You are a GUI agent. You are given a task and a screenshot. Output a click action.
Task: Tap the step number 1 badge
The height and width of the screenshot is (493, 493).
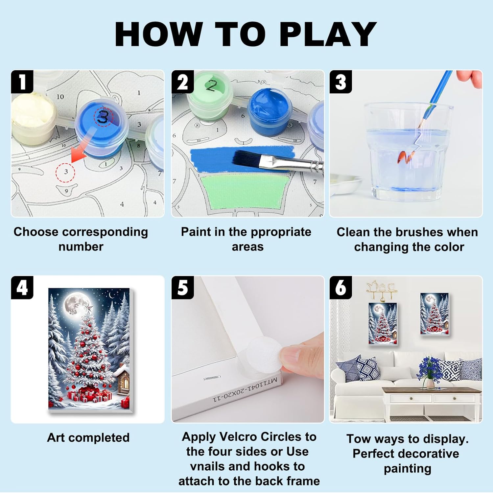22,82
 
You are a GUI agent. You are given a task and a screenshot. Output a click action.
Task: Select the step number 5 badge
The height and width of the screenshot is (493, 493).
182,287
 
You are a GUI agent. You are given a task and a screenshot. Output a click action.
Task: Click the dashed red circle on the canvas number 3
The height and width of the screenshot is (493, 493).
65,172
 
